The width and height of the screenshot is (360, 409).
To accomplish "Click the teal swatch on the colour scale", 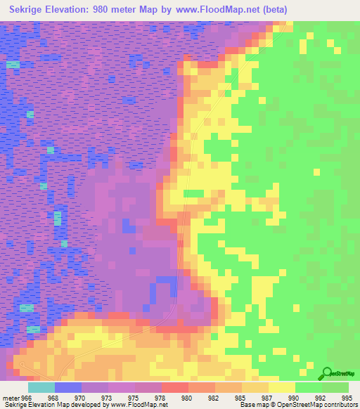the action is coord(41,387).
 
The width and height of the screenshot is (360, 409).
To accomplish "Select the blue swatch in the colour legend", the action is coord(67,387).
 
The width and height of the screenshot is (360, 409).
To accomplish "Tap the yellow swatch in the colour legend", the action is coord(281,387).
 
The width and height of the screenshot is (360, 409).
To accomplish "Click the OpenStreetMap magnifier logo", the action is coord(327,373).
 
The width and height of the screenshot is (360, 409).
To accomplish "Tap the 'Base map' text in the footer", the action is coord(254,404).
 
